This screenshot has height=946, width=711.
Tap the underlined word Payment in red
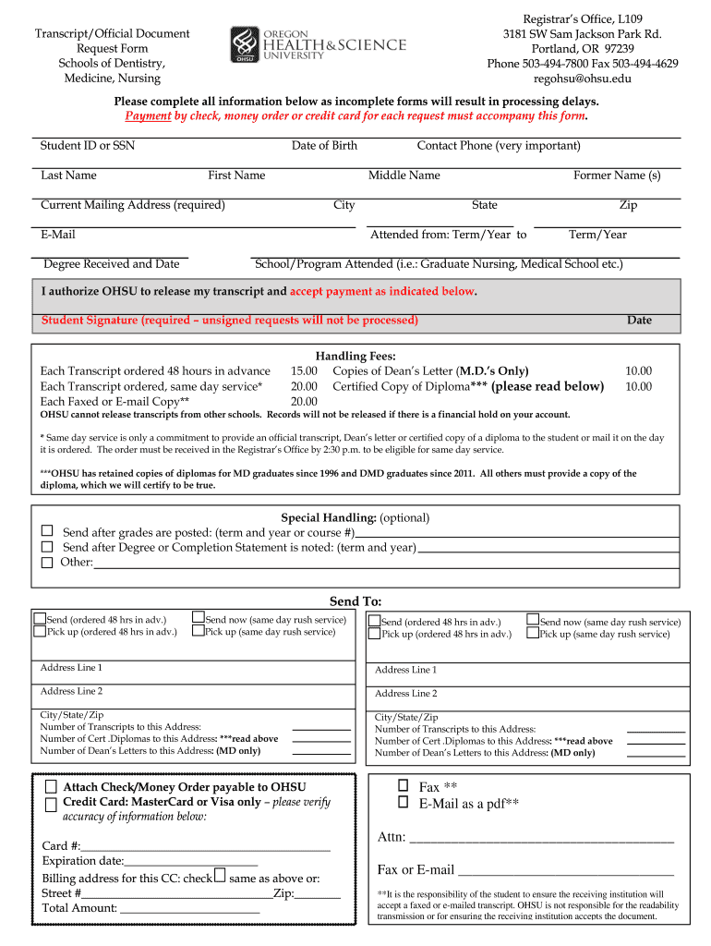148,115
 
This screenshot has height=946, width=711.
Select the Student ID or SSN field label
88,146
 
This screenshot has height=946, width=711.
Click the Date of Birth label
324,146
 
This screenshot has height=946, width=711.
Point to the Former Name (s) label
617,176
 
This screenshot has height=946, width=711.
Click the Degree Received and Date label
112,264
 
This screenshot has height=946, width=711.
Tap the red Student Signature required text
230,321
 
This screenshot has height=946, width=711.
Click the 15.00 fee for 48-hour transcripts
304,370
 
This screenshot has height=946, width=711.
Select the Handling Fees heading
355,356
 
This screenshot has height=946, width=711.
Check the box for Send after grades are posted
46,532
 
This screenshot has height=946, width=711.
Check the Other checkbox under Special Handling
46,562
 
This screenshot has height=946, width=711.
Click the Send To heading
355,601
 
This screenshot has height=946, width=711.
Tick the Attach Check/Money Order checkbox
51,786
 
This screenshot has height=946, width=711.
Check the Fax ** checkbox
403,785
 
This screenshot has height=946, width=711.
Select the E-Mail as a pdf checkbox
403,802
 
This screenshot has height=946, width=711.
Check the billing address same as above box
220,876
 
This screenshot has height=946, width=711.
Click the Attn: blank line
540,838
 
